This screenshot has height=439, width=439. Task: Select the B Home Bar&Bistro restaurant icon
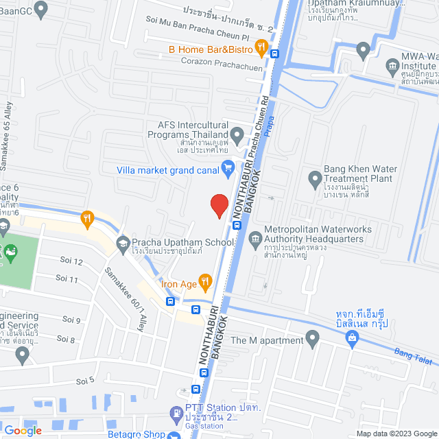[261, 48]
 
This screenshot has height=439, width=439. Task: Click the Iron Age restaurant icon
[208, 282]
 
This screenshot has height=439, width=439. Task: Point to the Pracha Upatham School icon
[123, 242]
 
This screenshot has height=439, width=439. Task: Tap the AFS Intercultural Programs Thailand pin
[237, 134]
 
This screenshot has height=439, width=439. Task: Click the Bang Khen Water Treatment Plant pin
[316, 180]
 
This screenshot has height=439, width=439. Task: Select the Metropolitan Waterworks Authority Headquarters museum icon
[255, 239]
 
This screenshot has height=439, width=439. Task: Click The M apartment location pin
[313, 339]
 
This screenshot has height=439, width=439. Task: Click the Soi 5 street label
[85, 381]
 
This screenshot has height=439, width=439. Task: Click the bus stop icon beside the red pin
[237, 224]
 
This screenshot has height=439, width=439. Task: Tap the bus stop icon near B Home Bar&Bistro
[274, 54]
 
